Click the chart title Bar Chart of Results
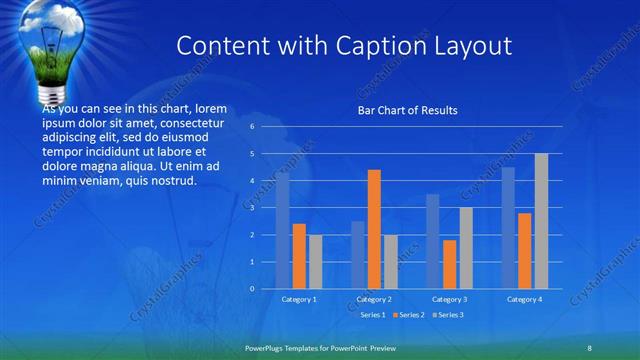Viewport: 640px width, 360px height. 407,110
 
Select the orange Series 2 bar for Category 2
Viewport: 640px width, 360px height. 374,229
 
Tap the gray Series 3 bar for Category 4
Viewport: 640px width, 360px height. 541,221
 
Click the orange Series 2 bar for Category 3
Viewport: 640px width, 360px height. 449,264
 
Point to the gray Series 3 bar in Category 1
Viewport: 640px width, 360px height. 315,261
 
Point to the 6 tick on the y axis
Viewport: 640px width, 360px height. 252,127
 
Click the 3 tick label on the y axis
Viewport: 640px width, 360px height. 252,208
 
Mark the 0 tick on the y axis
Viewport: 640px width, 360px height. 252,289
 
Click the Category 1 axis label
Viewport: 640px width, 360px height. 299,299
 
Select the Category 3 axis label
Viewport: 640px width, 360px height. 449,299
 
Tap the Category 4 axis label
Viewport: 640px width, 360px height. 524,299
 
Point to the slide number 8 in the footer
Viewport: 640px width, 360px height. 589,347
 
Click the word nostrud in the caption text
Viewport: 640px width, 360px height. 172,181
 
